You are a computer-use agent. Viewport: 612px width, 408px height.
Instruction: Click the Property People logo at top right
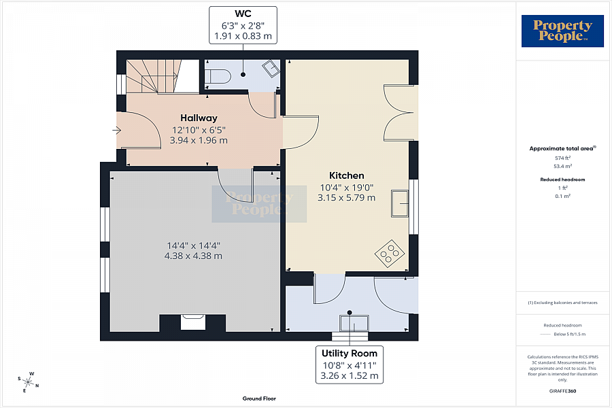click(562, 31)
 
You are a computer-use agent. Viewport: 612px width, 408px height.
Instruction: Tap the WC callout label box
click(243, 24)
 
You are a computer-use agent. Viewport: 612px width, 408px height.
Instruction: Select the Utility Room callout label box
click(350, 364)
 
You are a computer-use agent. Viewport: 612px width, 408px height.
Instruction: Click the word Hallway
click(199, 118)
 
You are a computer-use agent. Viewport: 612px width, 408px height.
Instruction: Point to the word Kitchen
click(347, 175)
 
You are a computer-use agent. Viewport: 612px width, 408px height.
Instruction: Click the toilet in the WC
click(218, 76)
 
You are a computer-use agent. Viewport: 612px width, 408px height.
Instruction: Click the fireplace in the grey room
click(192, 322)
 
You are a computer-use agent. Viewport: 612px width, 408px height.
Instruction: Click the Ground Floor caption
click(260, 398)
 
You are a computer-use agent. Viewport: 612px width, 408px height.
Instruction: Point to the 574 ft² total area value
click(562, 158)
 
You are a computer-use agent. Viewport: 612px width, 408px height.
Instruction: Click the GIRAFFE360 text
click(562, 391)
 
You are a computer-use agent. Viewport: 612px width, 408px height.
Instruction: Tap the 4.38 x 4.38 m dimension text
click(193, 256)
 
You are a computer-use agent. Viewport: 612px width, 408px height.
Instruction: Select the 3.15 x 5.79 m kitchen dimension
click(346, 198)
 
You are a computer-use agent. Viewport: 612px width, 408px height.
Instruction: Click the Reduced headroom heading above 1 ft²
click(562, 180)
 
